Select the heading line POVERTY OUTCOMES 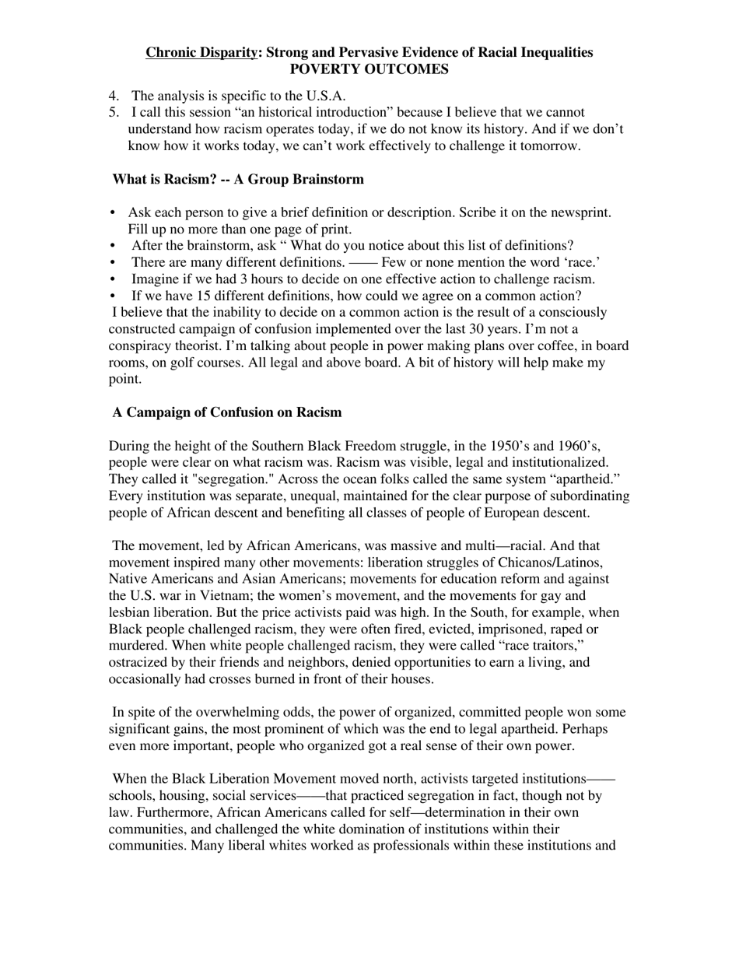pos(369,69)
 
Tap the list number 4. pos(114,96)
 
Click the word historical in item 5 pos(250,113)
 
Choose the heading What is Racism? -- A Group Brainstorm pos(238,180)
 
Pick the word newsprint pos(580,212)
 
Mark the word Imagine pos(157,279)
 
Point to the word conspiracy pos(143,345)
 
